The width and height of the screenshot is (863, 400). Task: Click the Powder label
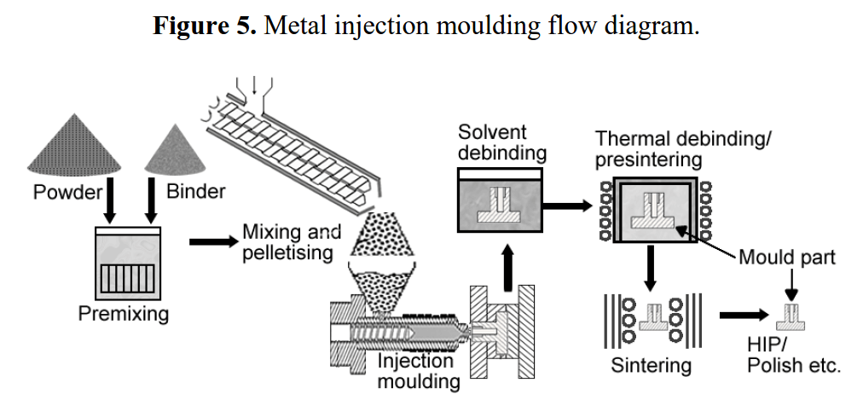[x=67, y=192]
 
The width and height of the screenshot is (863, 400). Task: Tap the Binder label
[x=196, y=192]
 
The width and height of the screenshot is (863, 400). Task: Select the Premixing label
[x=124, y=314]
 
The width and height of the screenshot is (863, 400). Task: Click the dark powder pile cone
[x=74, y=146]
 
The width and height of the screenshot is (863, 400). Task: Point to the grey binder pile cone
[x=175, y=150]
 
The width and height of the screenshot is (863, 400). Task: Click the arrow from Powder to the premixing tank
[x=110, y=200]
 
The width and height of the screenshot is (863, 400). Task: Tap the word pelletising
[x=288, y=253]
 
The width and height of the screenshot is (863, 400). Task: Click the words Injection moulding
[x=419, y=371]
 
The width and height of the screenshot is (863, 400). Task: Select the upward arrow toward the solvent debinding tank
[x=508, y=268]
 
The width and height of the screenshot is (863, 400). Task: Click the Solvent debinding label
[x=502, y=142]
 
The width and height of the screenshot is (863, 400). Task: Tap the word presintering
[x=649, y=160]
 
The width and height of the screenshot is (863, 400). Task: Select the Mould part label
[x=787, y=257]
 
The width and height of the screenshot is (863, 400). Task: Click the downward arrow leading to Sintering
[x=650, y=268]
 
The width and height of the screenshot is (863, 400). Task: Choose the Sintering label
[x=652, y=365]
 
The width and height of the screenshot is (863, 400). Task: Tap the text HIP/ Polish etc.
[x=794, y=356]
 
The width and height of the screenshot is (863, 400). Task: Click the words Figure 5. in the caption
[x=204, y=26]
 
